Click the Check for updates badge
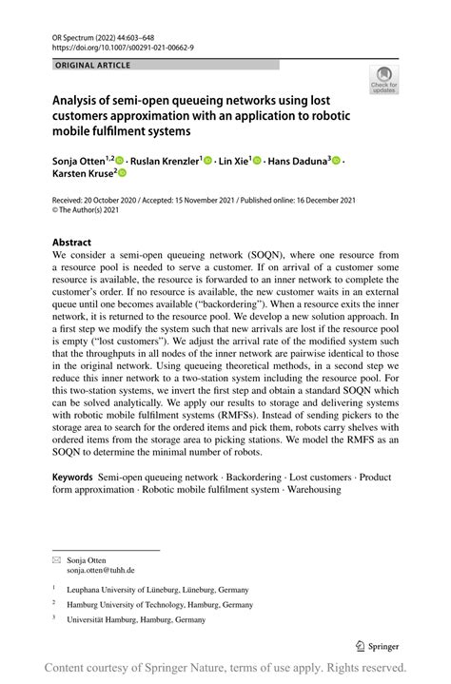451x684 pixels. [385, 80]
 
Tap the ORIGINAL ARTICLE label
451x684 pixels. [93, 66]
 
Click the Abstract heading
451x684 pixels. [71, 243]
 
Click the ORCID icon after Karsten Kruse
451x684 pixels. [122, 175]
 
